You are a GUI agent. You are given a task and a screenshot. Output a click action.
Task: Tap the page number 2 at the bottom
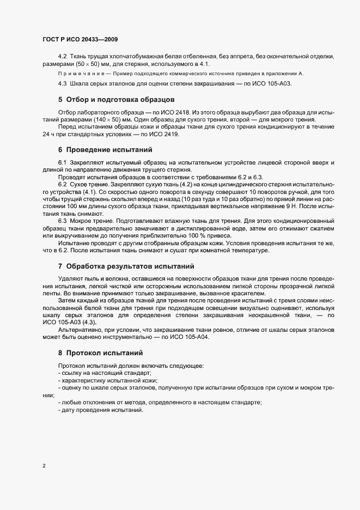pyautogui.click(x=44, y=466)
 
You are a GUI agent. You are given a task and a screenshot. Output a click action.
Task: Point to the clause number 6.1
pyautogui.click(x=62, y=163)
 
